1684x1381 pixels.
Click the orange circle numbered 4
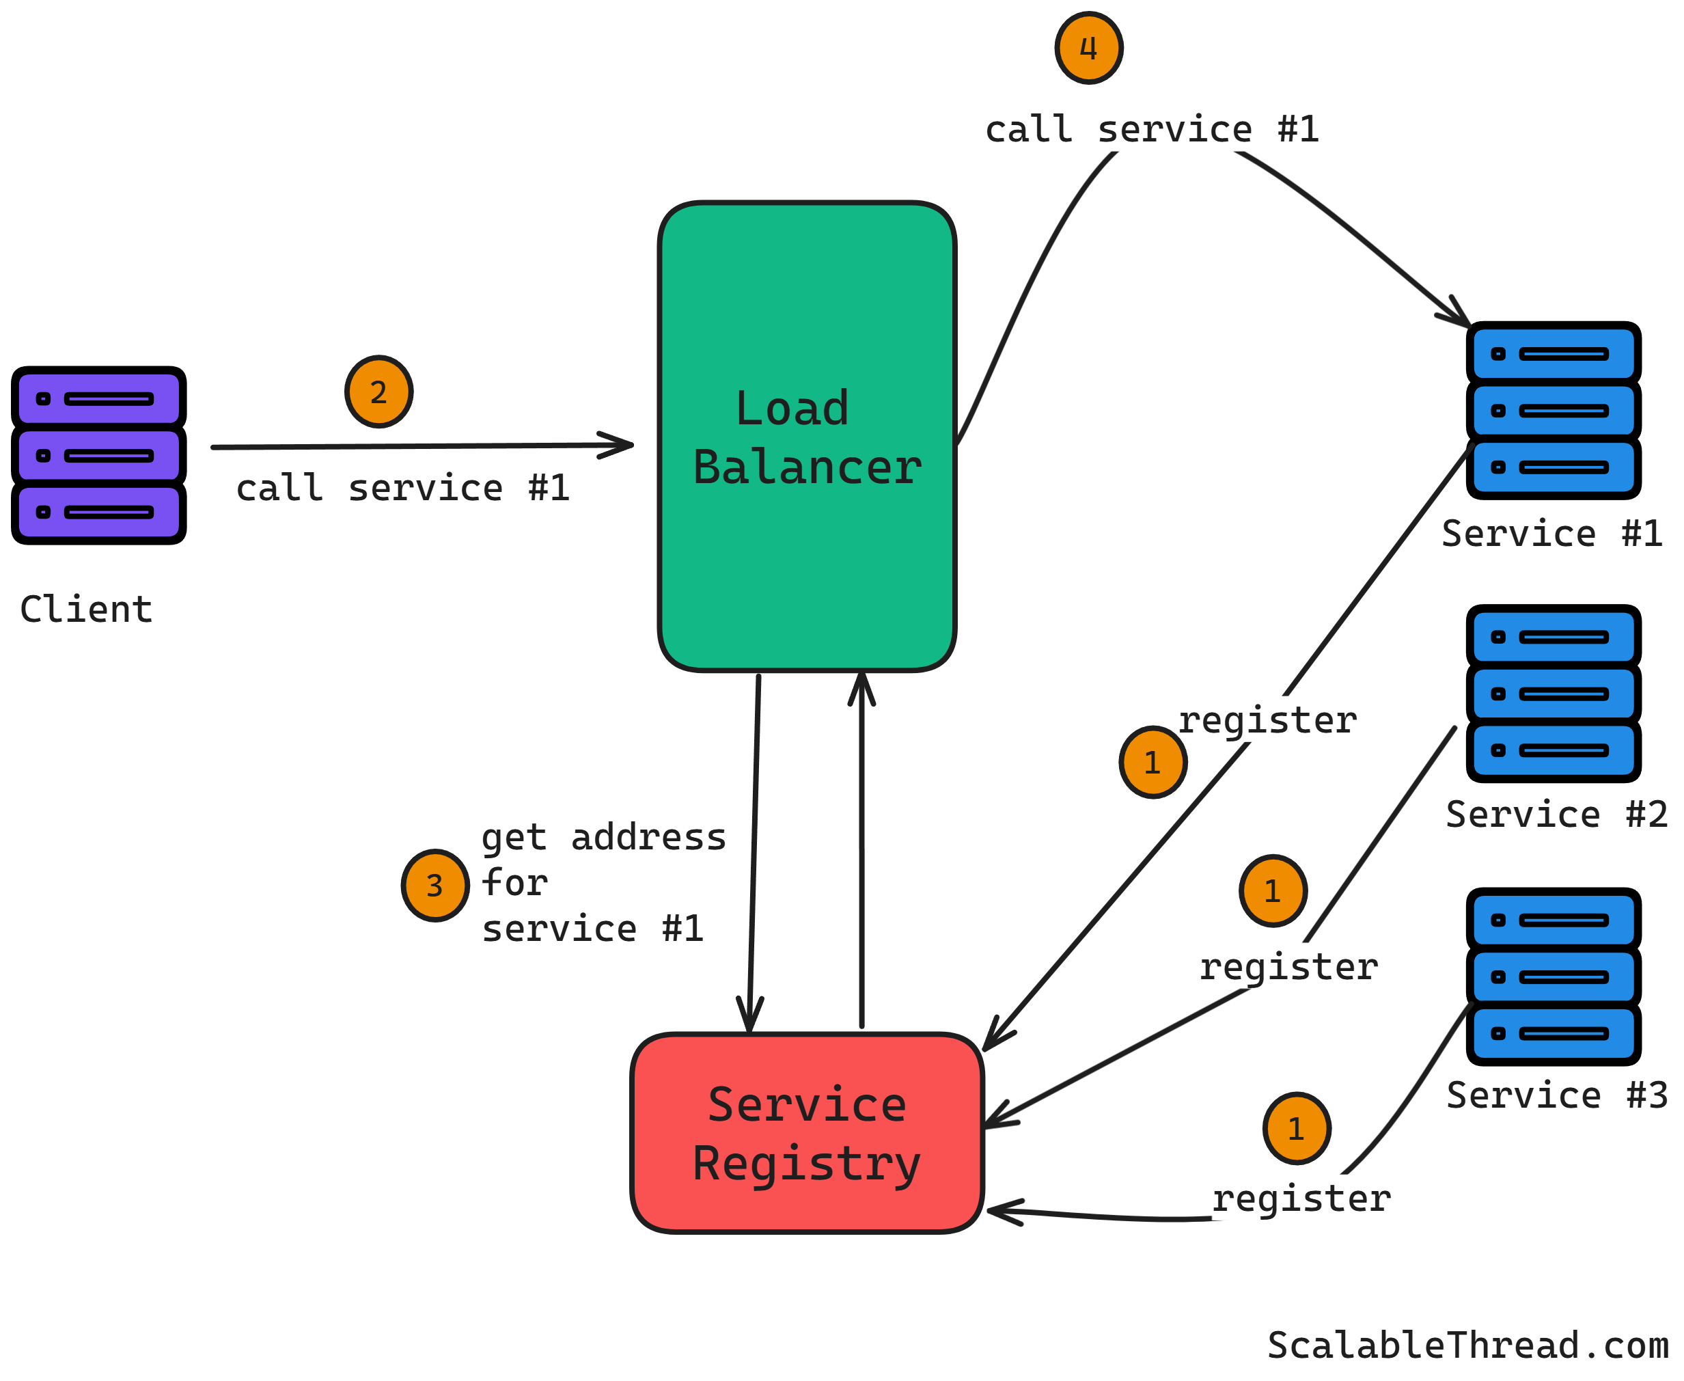[1088, 48]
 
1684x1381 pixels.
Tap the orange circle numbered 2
[378, 392]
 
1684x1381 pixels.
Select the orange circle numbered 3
[435, 886]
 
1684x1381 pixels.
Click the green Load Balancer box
[807, 557]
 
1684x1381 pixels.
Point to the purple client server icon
[98, 455]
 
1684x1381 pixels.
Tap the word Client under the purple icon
[86, 610]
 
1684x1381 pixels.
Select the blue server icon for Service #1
[1553, 411]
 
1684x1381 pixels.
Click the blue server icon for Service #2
[1553, 693]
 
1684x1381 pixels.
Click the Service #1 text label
[1552, 533]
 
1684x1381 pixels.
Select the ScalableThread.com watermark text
[1467, 1345]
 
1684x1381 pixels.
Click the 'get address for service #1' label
[603, 883]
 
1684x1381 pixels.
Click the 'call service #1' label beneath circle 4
[1152, 129]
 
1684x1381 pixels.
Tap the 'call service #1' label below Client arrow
[402, 488]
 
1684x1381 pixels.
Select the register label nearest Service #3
[1301, 1199]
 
